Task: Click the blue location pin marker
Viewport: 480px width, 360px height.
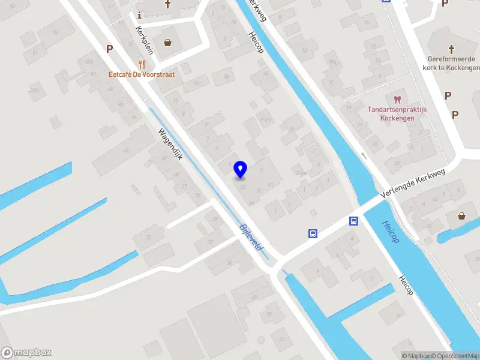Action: pos(240,169)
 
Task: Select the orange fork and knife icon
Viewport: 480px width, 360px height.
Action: pos(142,64)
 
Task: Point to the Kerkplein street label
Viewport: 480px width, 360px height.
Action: pos(145,40)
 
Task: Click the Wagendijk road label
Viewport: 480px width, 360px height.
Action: pos(170,144)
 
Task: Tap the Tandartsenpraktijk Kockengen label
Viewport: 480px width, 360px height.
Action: pos(397,113)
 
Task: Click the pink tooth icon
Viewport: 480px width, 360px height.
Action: pos(397,100)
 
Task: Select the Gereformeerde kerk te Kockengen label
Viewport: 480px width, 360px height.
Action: pos(452,63)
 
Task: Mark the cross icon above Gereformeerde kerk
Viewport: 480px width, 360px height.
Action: pos(451,48)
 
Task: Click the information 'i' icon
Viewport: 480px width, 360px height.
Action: pos(139,15)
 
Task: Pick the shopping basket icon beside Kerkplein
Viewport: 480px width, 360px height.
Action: pos(167,43)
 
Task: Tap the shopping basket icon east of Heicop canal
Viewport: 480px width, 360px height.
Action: pos(461,216)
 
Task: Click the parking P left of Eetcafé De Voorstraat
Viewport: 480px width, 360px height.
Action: pos(109,49)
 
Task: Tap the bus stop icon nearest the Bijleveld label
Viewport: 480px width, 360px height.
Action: pos(313,233)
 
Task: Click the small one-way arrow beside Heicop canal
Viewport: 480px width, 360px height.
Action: pos(364,155)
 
